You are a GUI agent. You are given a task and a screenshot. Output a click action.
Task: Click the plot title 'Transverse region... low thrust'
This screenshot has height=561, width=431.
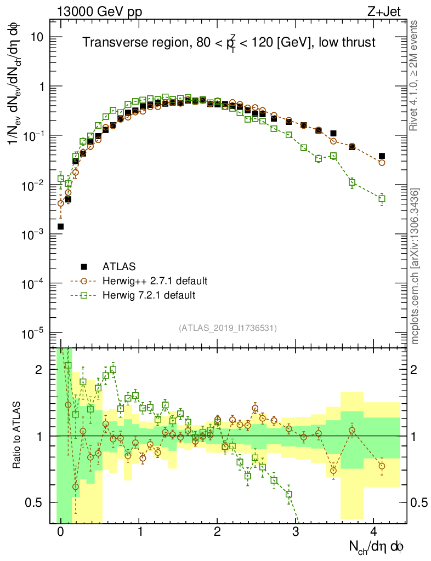tap(229, 42)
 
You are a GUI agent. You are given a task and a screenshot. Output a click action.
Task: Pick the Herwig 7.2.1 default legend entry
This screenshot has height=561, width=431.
tap(148, 295)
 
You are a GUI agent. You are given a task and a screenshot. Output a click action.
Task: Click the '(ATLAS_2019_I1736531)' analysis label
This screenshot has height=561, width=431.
tap(228, 328)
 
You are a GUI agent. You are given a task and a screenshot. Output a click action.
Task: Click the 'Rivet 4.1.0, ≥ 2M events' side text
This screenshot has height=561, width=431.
tap(415, 76)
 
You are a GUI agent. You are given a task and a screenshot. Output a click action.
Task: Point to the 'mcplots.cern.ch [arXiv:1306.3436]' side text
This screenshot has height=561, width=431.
tap(415, 266)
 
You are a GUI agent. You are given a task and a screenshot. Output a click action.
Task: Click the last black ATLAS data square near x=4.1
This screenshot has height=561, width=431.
tap(382, 156)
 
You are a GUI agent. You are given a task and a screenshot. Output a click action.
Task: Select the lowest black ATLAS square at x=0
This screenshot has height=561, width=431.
tap(60, 226)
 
